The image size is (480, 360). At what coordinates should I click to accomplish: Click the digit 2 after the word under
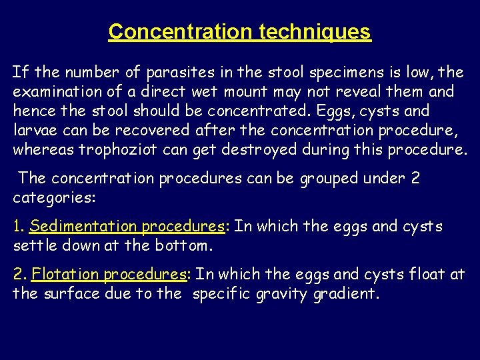point(416,179)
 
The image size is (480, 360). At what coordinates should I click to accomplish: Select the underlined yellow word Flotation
point(64,275)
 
